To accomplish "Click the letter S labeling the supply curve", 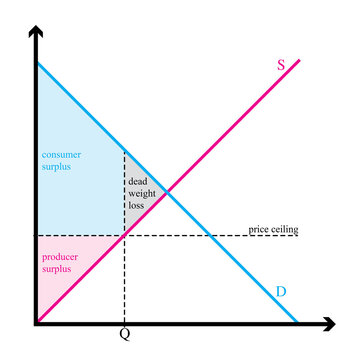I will (x=281, y=65).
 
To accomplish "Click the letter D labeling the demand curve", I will (x=282, y=292).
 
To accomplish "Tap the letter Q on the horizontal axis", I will (x=124, y=335).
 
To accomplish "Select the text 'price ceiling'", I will (x=273, y=229).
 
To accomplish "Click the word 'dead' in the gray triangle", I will (x=137, y=181).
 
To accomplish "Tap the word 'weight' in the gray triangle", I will (x=139, y=192).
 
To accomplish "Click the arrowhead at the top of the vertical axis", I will (x=36, y=34).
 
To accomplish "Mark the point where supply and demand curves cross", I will (x=166, y=192).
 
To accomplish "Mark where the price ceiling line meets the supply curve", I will (x=124, y=235).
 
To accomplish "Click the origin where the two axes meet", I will (x=36, y=323).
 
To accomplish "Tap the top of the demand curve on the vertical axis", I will (x=37, y=64).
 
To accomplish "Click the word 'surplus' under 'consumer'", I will (x=57, y=168).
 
